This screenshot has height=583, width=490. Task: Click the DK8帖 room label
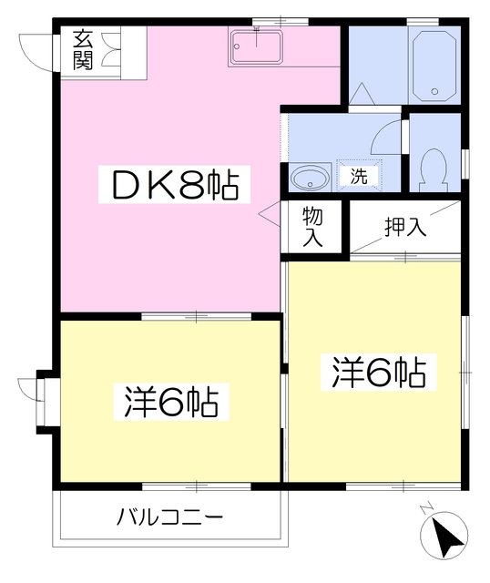pos(173,188)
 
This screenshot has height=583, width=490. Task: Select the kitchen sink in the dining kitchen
pos(258,47)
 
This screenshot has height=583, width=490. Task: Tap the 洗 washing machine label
pos(359,176)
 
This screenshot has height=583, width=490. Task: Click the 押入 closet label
pos(405,227)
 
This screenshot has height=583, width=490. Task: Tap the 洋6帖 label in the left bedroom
pos(171,401)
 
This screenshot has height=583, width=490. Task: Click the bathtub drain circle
pos(435,91)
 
